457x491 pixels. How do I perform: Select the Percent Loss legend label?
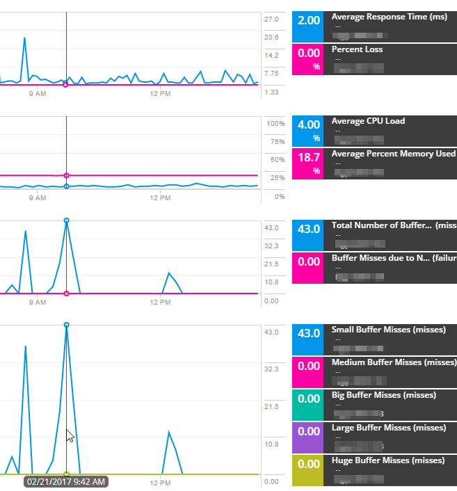357,49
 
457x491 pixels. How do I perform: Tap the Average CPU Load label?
368,121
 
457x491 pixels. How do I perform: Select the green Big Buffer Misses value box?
308,405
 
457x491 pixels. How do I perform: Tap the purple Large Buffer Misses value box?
308,437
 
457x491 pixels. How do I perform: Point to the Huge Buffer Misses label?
387,460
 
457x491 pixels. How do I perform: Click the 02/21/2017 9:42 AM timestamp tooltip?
66,481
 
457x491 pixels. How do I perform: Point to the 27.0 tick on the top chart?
271,19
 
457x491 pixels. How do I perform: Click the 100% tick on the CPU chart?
276,123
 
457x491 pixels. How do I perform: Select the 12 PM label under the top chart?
161,92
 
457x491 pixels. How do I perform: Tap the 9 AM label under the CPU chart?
38,198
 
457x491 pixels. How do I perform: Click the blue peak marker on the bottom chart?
67,325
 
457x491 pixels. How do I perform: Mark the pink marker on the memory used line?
66,175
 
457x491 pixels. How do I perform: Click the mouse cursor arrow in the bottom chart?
70,435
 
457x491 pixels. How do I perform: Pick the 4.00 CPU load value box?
308,130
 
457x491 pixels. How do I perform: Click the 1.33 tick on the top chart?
271,92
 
